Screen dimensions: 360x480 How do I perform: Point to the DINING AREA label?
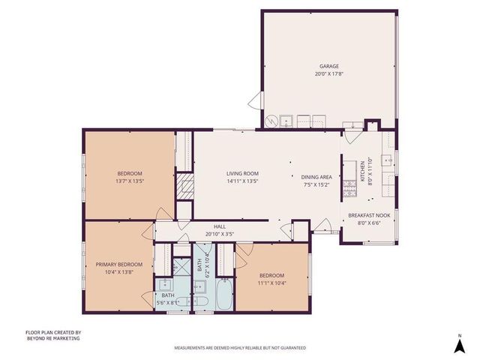click(317, 177)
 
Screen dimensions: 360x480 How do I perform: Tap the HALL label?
click(220, 226)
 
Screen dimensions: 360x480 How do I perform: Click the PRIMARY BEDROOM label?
click(118, 264)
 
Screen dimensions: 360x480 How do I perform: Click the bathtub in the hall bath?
click(223, 295)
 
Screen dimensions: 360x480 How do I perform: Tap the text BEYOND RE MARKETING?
click(52, 338)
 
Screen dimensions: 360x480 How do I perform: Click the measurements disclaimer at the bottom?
click(240, 348)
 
